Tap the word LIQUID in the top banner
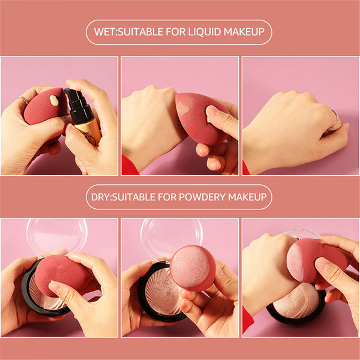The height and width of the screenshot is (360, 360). point(205,32)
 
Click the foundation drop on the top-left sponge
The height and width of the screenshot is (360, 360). point(55,101)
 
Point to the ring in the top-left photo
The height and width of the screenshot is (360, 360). point(22,100)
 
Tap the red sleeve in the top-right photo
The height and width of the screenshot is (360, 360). point(245,168)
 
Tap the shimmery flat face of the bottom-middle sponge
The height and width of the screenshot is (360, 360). point(192,267)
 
